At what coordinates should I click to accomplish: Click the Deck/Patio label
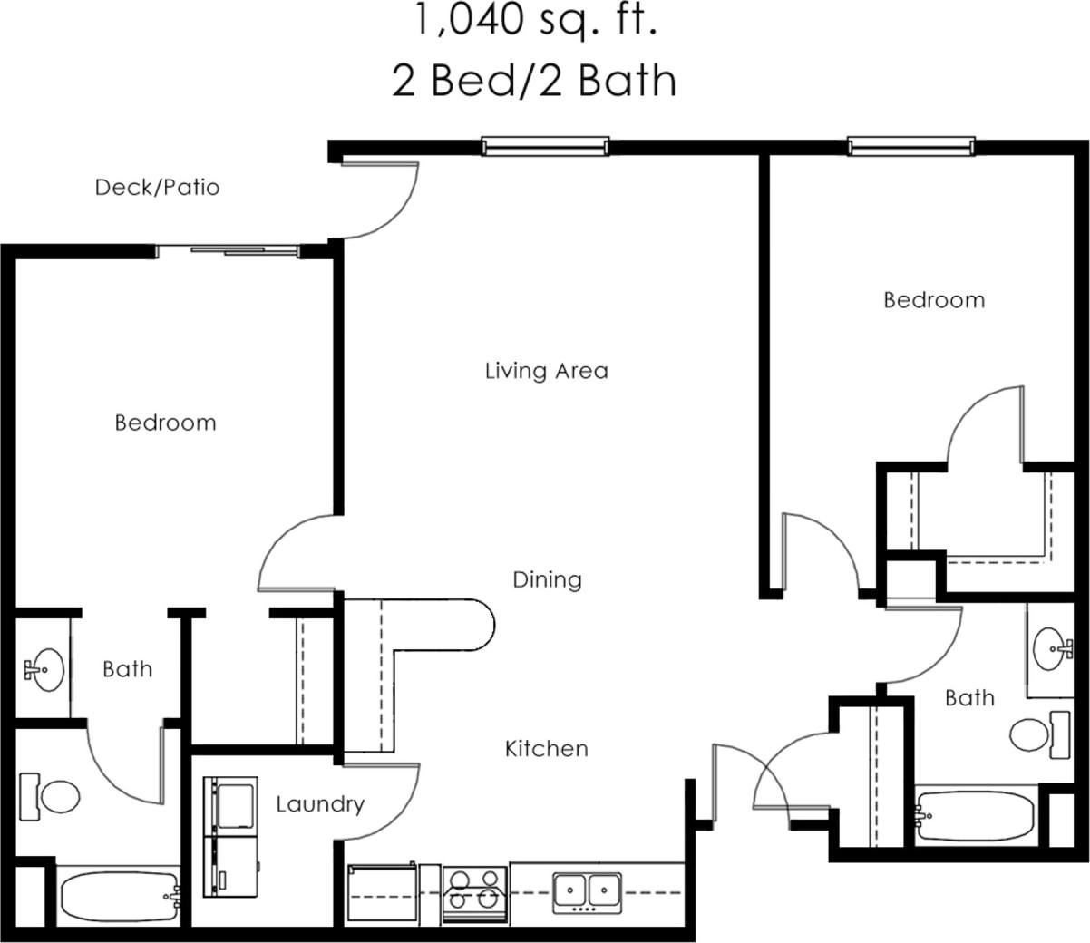(157, 188)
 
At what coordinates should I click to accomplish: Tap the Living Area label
(546, 371)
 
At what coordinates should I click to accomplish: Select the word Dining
(547, 579)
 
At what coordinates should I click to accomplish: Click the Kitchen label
(546, 749)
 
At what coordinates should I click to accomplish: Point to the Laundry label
(320, 804)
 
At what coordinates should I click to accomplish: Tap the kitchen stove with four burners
(474, 893)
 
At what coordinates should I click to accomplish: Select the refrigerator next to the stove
(382, 893)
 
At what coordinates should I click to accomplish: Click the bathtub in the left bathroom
(119, 897)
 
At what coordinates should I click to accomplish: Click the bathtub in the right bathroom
(976, 817)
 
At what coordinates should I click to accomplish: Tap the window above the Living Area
(545, 145)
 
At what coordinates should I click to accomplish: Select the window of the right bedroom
(910, 145)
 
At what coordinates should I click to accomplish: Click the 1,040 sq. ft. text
(535, 22)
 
